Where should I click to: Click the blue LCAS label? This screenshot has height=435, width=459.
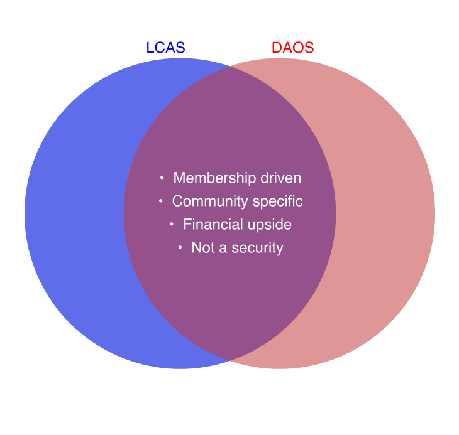click(165, 48)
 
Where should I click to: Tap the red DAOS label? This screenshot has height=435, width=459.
click(292, 48)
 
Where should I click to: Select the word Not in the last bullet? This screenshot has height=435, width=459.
click(203, 247)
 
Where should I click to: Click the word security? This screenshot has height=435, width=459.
click(257, 247)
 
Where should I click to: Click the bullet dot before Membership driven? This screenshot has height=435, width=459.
click(162, 178)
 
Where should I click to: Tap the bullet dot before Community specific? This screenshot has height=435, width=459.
click(160, 201)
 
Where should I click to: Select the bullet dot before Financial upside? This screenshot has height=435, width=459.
click(172, 224)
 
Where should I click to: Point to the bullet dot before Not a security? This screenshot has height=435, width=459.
click(180, 247)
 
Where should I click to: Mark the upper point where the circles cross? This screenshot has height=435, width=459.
click(229, 67)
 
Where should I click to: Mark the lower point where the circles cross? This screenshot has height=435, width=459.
click(229, 360)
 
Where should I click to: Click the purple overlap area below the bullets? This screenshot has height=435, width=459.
click(229, 301)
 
